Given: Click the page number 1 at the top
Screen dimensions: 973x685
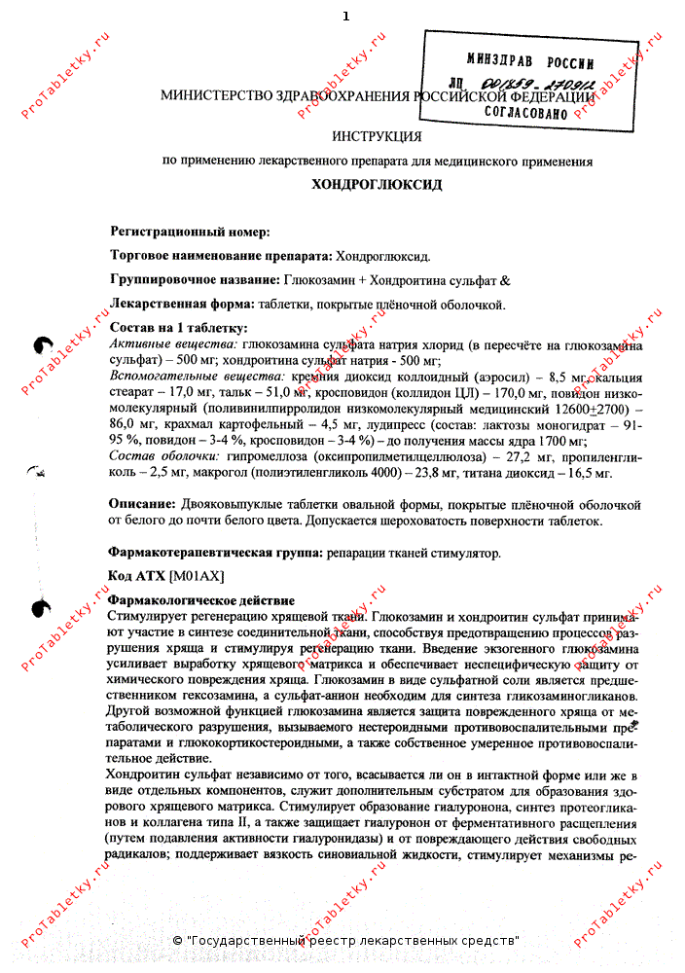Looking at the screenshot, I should [344, 16].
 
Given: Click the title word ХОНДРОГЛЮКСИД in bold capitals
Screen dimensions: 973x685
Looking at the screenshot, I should [377, 183].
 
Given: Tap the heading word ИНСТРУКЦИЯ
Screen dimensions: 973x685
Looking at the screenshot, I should [377, 136].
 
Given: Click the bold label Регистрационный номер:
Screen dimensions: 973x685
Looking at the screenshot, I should [190, 232].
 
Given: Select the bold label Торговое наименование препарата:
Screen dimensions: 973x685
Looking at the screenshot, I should [221, 256].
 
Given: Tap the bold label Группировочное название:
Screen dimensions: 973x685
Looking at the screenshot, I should [196, 279].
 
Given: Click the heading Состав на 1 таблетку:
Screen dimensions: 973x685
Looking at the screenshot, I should [179, 328].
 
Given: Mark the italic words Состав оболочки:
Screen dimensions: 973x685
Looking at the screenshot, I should [163, 456].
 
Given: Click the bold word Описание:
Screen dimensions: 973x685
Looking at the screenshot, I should [141, 504].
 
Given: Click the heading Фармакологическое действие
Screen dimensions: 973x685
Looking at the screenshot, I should [201, 600].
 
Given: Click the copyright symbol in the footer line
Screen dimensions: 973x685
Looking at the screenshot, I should [177, 941].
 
